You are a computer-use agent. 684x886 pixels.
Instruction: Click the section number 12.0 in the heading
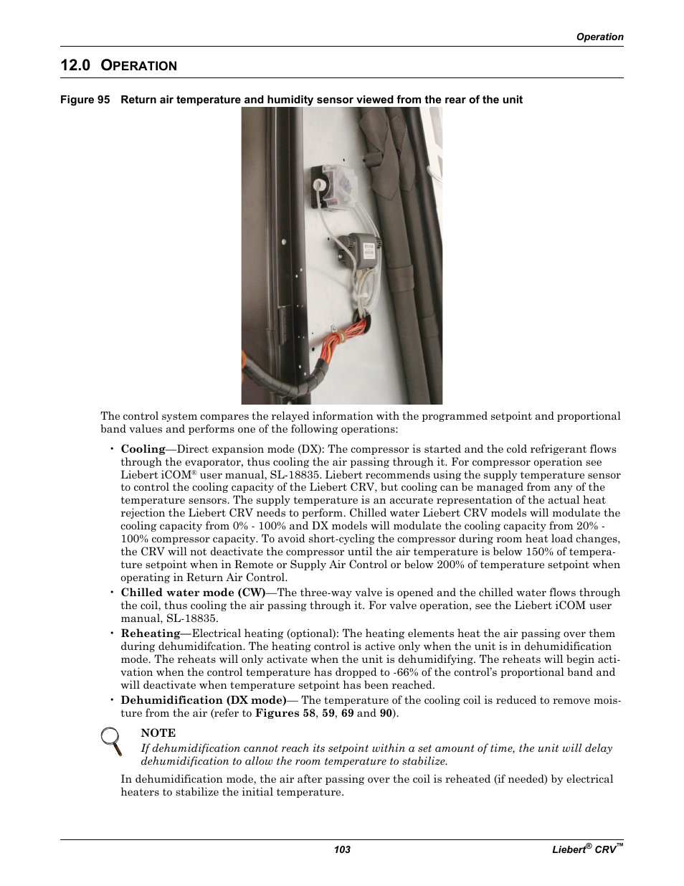75,65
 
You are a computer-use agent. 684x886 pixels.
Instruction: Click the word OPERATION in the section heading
139,66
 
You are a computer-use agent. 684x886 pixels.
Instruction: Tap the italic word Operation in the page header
599,37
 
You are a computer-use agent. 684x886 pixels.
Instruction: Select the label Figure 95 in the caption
85,100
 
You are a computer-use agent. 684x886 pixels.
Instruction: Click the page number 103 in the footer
342,849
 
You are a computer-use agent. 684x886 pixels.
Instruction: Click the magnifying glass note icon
111,740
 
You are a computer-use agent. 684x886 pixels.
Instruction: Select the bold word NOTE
158,732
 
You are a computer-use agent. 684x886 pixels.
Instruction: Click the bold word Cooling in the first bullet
143,449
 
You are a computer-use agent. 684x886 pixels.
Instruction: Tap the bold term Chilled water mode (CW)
193,593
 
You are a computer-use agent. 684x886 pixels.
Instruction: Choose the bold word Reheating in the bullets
151,633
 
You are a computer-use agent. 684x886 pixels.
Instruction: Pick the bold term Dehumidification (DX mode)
204,700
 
